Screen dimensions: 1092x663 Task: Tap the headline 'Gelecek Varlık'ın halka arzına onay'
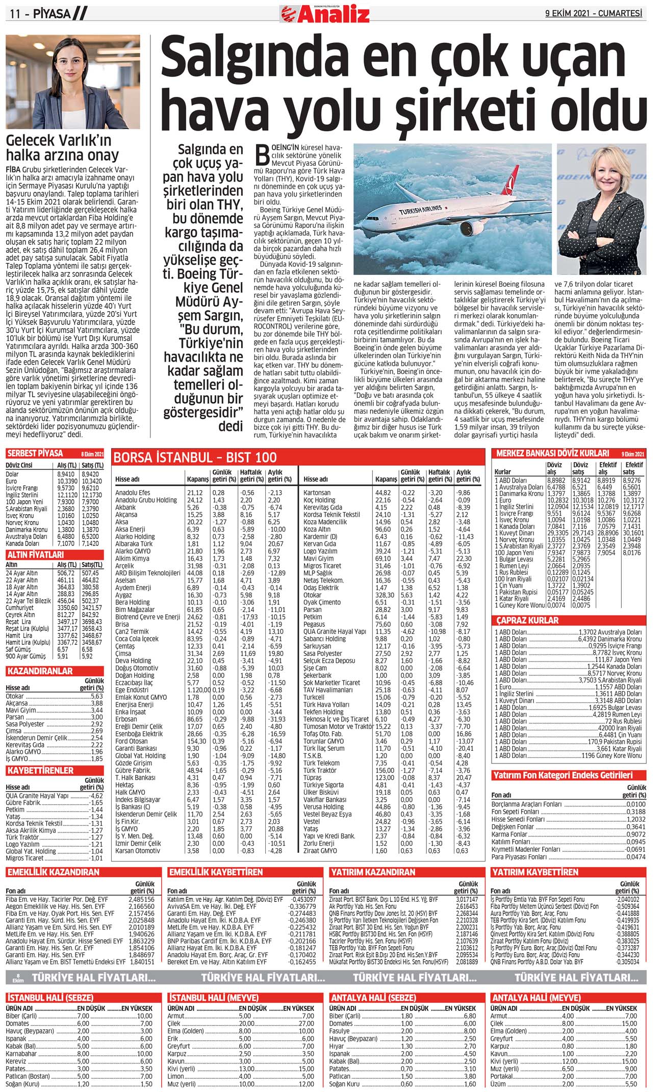[x=62, y=148]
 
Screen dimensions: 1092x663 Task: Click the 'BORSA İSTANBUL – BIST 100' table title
[x=195, y=457]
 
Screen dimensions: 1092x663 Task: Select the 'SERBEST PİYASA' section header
[x=35, y=453]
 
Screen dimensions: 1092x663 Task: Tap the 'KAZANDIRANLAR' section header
[x=40, y=671]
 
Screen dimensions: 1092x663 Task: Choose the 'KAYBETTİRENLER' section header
[x=40, y=770]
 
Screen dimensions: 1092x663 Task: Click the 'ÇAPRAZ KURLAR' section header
[x=527, y=620]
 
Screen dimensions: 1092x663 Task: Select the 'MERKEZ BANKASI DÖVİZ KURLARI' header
[x=552, y=453]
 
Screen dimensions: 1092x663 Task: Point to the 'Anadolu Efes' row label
[x=133, y=493]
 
